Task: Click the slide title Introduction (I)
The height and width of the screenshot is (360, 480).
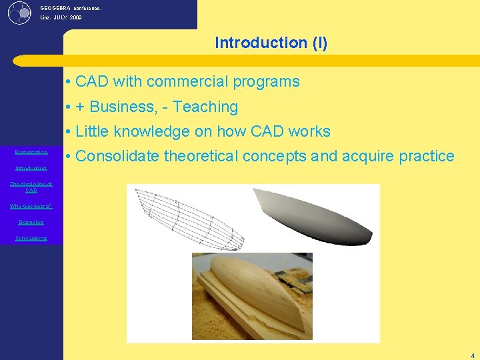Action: click(x=271, y=43)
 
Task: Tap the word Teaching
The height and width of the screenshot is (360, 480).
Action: click(x=206, y=107)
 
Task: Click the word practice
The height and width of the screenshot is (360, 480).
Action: click(x=426, y=157)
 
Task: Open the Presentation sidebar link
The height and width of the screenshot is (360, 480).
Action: click(x=31, y=152)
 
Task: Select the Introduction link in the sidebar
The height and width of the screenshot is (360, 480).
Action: click(x=31, y=168)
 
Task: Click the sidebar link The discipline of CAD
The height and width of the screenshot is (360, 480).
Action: click(x=31, y=187)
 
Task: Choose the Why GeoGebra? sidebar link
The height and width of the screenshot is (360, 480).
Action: click(x=31, y=206)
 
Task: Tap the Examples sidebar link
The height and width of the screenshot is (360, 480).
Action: click(x=31, y=222)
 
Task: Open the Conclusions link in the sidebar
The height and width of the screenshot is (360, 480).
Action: click(x=31, y=238)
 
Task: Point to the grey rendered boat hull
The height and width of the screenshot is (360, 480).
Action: click(x=313, y=215)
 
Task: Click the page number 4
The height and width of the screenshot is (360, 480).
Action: click(x=473, y=355)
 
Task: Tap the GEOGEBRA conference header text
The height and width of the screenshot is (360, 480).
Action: click(x=71, y=8)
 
